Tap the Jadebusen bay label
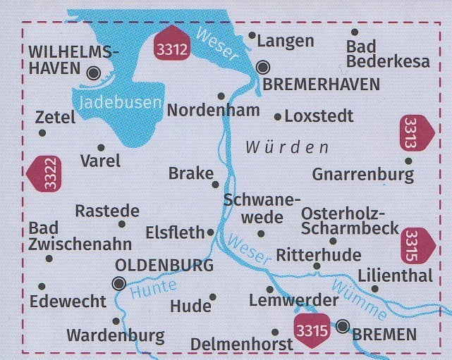tap(120, 102)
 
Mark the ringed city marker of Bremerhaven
tap(263, 68)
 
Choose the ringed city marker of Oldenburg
tap(118, 284)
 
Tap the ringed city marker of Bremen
tap(343, 326)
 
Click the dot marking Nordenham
tap(221, 96)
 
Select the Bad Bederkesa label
tap(387, 54)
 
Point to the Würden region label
tap(287, 148)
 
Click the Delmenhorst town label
tap(241, 345)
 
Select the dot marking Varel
tap(101, 148)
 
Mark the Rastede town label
tap(107, 211)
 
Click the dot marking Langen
tap(252, 35)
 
